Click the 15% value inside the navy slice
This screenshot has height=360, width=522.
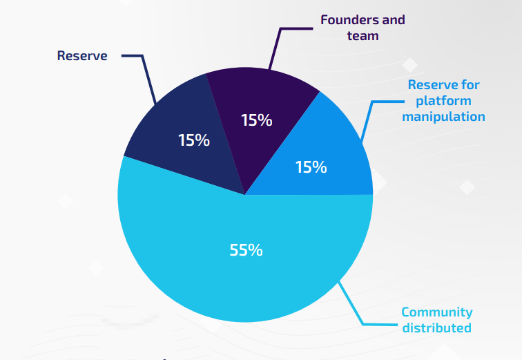point(193,140)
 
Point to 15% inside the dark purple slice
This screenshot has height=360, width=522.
point(256,120)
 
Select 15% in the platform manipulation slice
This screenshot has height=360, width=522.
point(311,167)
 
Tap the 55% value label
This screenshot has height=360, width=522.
point(246,250)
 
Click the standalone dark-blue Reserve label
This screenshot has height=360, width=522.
point(82,56)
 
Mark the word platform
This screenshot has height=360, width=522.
point(443,101)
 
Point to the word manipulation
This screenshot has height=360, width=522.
point(443,117)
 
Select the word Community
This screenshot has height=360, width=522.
point(436,312)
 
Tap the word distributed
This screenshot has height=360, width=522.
point(436,328)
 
